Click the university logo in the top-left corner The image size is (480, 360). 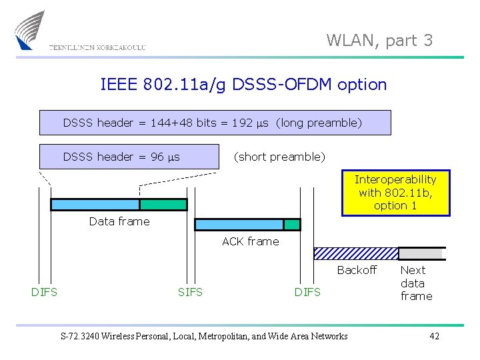pos(30,29)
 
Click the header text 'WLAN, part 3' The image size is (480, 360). pos(379,41)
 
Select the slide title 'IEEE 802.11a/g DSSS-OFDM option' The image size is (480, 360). pos(243,85)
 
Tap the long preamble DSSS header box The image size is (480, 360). pos(215,123)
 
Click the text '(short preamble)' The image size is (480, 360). pos(279,157)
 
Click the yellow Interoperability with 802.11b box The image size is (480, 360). pos(395,193)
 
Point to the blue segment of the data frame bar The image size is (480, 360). pos(95,205)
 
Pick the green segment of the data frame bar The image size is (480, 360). pos(163,205)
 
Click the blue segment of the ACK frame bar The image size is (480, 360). pos(239,225)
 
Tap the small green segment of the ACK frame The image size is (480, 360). pos(292,225)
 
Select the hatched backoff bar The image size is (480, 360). pos(356,253)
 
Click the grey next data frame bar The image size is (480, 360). pos(421,253)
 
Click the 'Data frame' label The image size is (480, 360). pos(119,221)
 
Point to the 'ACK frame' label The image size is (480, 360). pos(251,241)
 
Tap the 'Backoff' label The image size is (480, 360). pos(357,270)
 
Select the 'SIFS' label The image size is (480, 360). pos(190,292)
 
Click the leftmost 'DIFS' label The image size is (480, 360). pos(44,292)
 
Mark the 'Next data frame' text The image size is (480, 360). pos(416,283)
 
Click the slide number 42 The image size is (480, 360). pos(434,336)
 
